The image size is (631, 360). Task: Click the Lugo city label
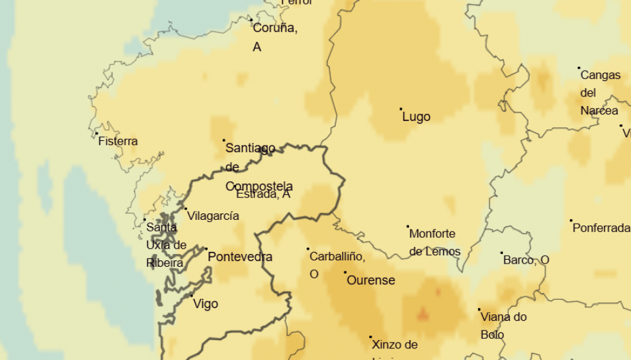pos(416,117)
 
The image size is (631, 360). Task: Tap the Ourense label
pos(370,280)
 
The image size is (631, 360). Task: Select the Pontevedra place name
pos(240,257)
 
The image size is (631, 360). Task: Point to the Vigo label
pos(206,304)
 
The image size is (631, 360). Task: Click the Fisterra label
pos(118,141)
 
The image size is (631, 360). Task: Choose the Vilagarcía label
pos(213,216)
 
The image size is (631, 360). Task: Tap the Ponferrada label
pos(601,228)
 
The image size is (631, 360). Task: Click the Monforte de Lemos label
pos(435,242)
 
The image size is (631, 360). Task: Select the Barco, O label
pos(526,260)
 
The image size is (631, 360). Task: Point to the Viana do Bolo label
pos(504,325)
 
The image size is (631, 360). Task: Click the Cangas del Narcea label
pos(600,93)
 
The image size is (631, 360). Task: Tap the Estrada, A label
pos(263,194)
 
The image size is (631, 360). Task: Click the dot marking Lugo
pos(401,109)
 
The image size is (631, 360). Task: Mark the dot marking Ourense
pos(345,273)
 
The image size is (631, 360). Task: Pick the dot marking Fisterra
pos(97,134)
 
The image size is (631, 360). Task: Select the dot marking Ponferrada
pos(571,221)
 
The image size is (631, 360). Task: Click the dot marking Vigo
pos(192,296)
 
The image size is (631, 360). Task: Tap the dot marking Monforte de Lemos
pos(408,226)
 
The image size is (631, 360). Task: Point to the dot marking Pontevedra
pos(206,249)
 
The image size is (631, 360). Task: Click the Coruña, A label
pos(275,37)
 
